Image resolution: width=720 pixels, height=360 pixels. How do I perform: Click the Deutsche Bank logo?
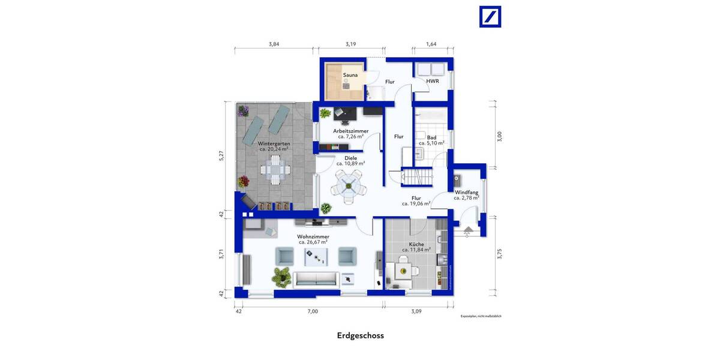click(x=490, y=17)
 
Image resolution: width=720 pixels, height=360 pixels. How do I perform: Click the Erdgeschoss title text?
click(x=360, y=336)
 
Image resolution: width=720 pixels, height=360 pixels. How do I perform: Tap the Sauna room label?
click(x=350, y=76)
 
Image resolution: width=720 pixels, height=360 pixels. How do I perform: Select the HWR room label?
click(x=432, y=81)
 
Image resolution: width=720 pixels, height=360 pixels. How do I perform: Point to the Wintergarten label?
click(x=274, y=144)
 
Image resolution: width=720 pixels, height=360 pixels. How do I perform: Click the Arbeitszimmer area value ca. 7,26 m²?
click(x=351, y=137)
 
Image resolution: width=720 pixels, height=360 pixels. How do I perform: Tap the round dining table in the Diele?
click(x=349, y=185)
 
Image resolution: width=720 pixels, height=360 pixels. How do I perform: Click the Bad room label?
click(x=431, y=137)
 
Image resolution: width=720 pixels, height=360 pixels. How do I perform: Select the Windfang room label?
click(x=466, y=192)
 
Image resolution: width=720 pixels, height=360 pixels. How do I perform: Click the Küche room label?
click(x=416, y=244)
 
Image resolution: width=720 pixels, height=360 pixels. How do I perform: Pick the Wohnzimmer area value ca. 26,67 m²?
click(x=313, y=242)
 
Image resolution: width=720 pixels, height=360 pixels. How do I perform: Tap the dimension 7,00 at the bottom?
click(x=313, y=311)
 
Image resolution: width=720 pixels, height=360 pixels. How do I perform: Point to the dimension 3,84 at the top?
click(x=274, y=44)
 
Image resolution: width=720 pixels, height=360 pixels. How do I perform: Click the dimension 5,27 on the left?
click(x=221, y=155)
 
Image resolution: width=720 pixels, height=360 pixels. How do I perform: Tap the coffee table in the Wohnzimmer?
click(x=316, y=257)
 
